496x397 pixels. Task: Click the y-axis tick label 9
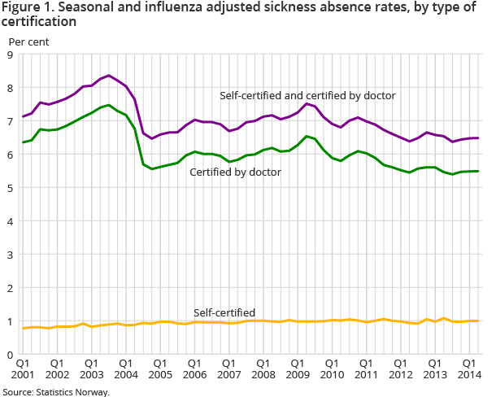tap(10, 55)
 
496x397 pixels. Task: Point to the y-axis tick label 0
tap(10, 355)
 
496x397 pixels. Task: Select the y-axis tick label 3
tap(10, 255)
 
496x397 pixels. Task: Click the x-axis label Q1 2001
tap(22, 369)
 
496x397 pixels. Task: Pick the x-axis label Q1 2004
tap(127, 369)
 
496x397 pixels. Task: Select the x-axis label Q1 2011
tap(365, 369)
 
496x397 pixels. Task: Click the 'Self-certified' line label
tap(224, 312)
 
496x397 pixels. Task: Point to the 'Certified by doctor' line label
tap(236, 172)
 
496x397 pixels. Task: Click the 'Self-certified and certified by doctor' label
tap(307, 96)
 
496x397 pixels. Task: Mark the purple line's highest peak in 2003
tap(109, 76)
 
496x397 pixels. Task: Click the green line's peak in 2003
tap(109, 105)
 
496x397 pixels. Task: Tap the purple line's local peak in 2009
tap(306, 103)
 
